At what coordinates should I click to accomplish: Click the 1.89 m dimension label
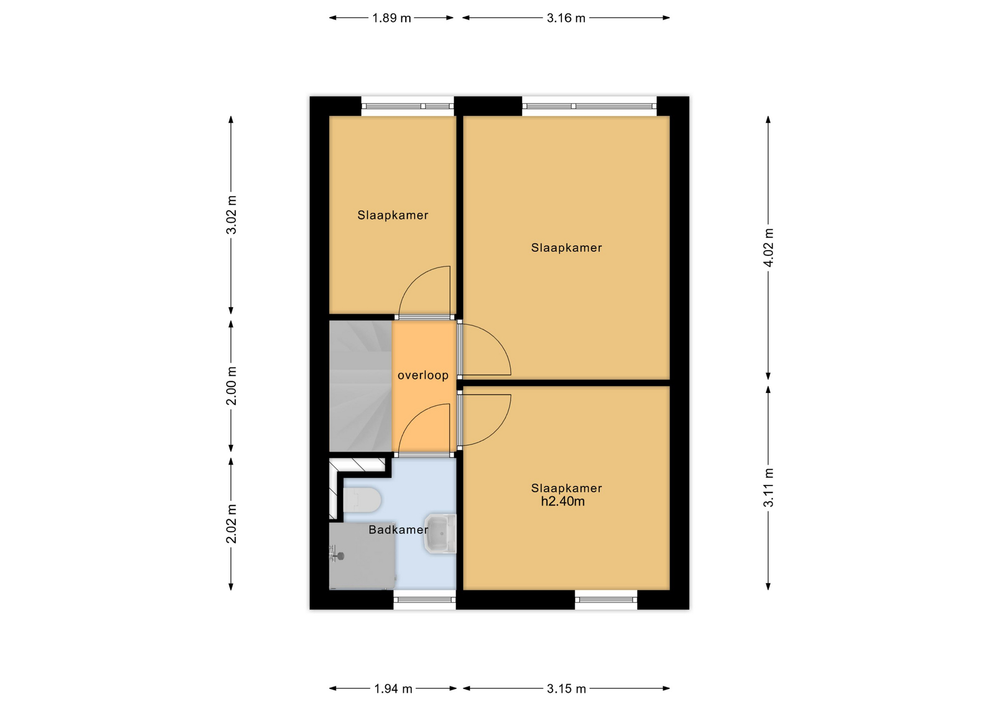pos(391,18)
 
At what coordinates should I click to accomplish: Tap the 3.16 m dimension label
pos(566,18)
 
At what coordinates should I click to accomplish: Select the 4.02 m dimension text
pos(769,247)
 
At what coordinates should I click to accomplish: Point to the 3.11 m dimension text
pos(769,488)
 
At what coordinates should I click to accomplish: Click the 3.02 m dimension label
pos(232,215)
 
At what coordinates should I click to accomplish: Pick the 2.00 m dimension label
pos(232,386)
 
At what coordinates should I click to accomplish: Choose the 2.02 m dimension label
pos(232,524)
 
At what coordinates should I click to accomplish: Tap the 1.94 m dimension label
pos(393,689)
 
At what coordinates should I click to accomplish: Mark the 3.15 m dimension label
pos(566,689)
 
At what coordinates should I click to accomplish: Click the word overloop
pos(423,375)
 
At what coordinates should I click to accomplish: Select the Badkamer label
pos(399,530)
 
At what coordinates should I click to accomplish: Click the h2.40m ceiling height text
pos(563,502)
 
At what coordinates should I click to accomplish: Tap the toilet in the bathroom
pos(362,500)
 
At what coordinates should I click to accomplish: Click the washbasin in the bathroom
pos(441,533)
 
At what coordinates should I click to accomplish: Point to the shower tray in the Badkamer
pos(362,556)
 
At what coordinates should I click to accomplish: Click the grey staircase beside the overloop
pos(361,386)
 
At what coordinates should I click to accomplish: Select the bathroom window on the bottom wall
pos(425,600)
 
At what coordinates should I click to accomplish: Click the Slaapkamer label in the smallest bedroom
pos(393,215)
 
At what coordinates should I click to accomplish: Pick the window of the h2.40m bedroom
pos(606,600)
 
